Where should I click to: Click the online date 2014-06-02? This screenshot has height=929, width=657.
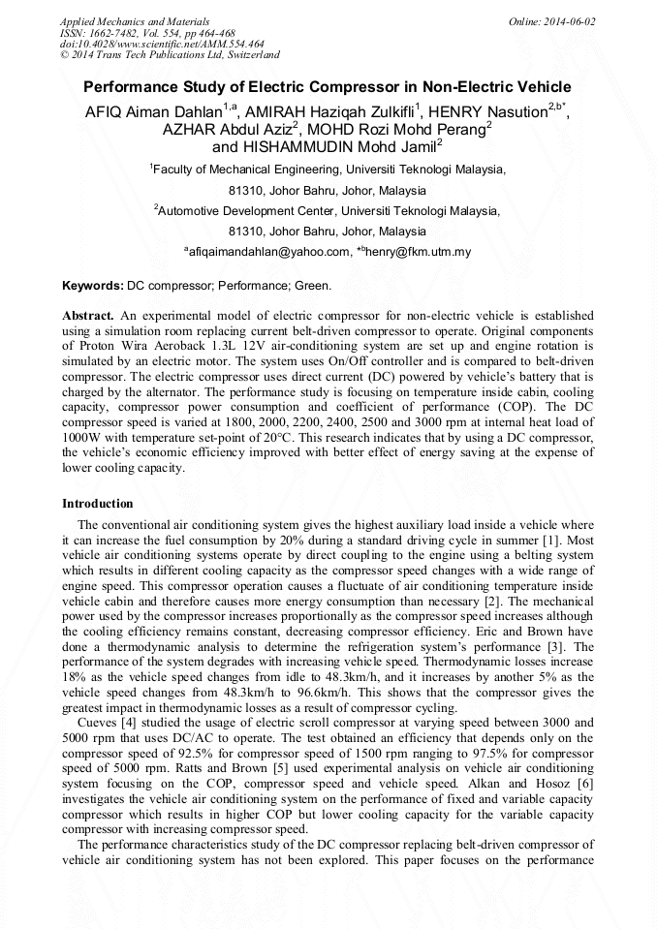click(570, 20)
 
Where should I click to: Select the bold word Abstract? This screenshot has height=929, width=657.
click(88, 316)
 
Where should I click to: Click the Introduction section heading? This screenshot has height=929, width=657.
click(98, 504)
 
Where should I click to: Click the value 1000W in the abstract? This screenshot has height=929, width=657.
click(81, 438)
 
